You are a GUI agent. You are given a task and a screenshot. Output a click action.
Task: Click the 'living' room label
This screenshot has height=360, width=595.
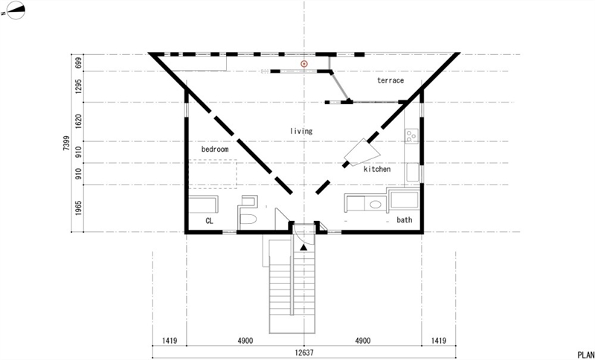(301, 131)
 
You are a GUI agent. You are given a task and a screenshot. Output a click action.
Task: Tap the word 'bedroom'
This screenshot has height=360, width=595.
(215, 149)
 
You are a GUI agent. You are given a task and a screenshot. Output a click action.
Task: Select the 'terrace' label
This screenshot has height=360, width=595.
(390, 80)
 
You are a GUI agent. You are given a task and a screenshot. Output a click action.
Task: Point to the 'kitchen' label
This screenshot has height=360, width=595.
(377, 169)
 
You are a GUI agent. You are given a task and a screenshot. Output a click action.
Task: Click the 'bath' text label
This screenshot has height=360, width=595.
(404, 219)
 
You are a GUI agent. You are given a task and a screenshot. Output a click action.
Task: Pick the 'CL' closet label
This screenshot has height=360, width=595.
(209, 221)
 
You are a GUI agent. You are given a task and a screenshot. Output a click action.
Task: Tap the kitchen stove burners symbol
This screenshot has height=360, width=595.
(412, 136)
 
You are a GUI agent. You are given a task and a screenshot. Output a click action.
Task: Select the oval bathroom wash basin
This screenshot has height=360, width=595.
(376, 205)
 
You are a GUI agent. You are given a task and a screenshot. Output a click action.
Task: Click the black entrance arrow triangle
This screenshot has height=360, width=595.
(303, 248)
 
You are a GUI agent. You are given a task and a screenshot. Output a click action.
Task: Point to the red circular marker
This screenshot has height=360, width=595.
(304, 64)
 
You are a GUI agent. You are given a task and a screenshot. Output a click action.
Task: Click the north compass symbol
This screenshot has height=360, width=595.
(16, 10)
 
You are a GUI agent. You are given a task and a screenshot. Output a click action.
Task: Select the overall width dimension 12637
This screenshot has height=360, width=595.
(304, 353)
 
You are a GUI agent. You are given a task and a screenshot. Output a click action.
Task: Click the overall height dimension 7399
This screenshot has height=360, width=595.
(66, 143)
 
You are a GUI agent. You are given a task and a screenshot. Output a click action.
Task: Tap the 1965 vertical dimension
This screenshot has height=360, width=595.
(78, 208)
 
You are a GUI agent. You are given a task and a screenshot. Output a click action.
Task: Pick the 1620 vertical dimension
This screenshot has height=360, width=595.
(78, 122)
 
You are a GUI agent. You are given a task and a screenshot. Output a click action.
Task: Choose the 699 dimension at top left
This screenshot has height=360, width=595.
(78, 62)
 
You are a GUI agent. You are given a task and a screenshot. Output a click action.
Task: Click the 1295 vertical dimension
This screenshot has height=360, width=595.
(78, 86)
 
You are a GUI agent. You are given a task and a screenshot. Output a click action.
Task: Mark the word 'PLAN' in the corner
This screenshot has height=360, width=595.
(586, 355)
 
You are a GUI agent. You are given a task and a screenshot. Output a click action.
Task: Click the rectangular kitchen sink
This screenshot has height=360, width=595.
(413, 173)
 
